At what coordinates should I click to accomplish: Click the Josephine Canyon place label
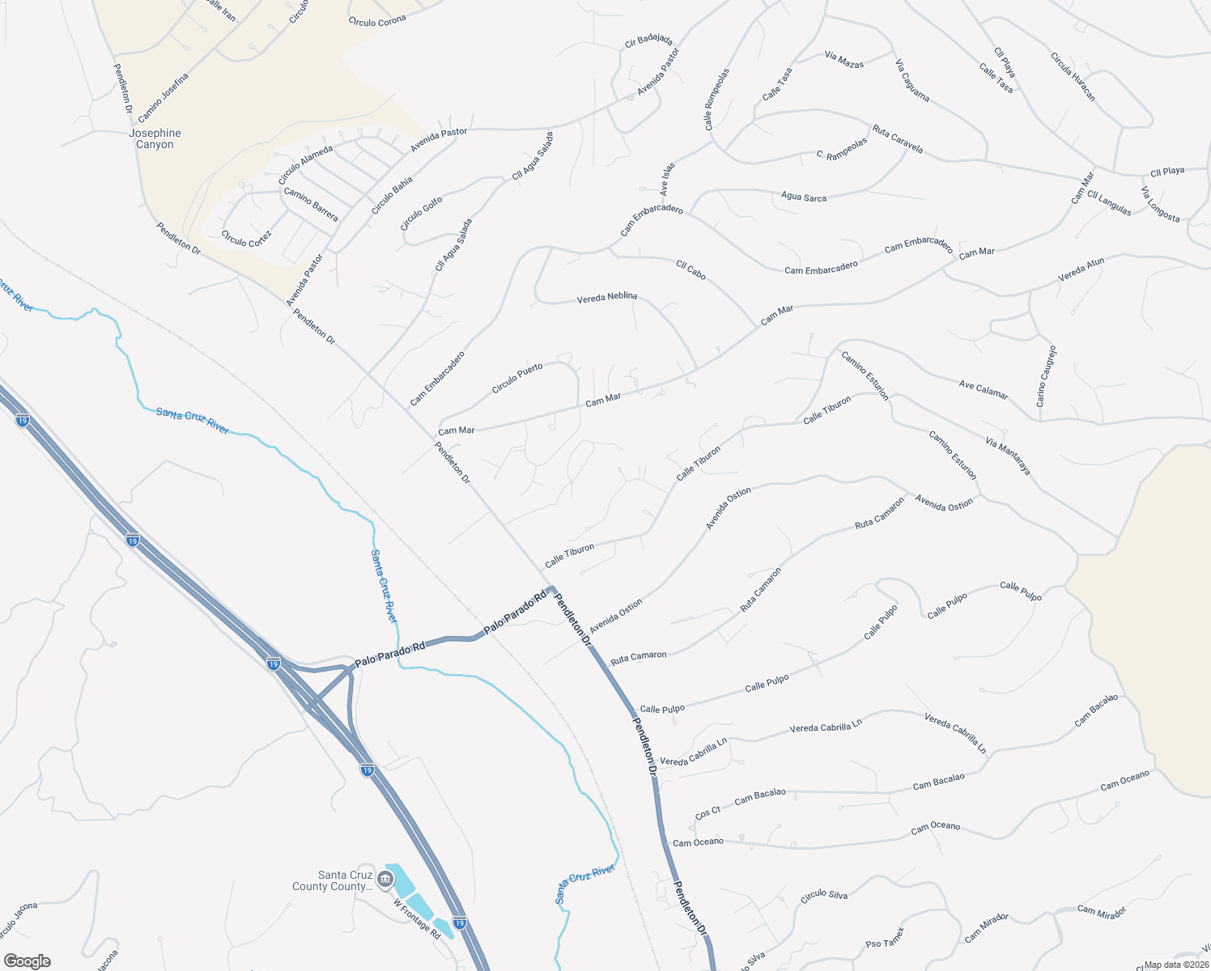(x=155, y=138)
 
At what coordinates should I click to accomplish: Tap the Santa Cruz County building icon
(x=385, y=877)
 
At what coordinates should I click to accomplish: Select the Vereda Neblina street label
(x=606, y=298)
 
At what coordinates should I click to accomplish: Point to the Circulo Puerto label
(x=517, y=379)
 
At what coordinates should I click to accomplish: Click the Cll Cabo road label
(x=690, y=269)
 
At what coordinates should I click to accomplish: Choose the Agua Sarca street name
(x=803, y=197)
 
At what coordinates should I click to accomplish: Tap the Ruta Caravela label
(x=897, y=138)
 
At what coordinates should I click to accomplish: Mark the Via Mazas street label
(x=844, y=59)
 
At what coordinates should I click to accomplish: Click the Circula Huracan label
(x=1073, y=77)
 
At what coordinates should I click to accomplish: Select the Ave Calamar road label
(x=984, y=390)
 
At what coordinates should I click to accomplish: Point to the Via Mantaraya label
(x=1008, y=455)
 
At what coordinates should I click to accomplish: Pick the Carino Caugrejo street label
(x=1046, y=376)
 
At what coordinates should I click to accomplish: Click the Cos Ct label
(x=707, y=812)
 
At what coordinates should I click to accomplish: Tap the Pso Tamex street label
(x=884, y=939)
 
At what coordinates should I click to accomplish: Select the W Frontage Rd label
(x=417, y=919)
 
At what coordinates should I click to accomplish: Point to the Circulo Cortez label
(x=246, y=239)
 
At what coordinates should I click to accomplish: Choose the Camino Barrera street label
(x=311, y=204)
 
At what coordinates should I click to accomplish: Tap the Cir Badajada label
(x=648, y=40)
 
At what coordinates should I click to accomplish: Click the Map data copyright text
(x=1176, y=965)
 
